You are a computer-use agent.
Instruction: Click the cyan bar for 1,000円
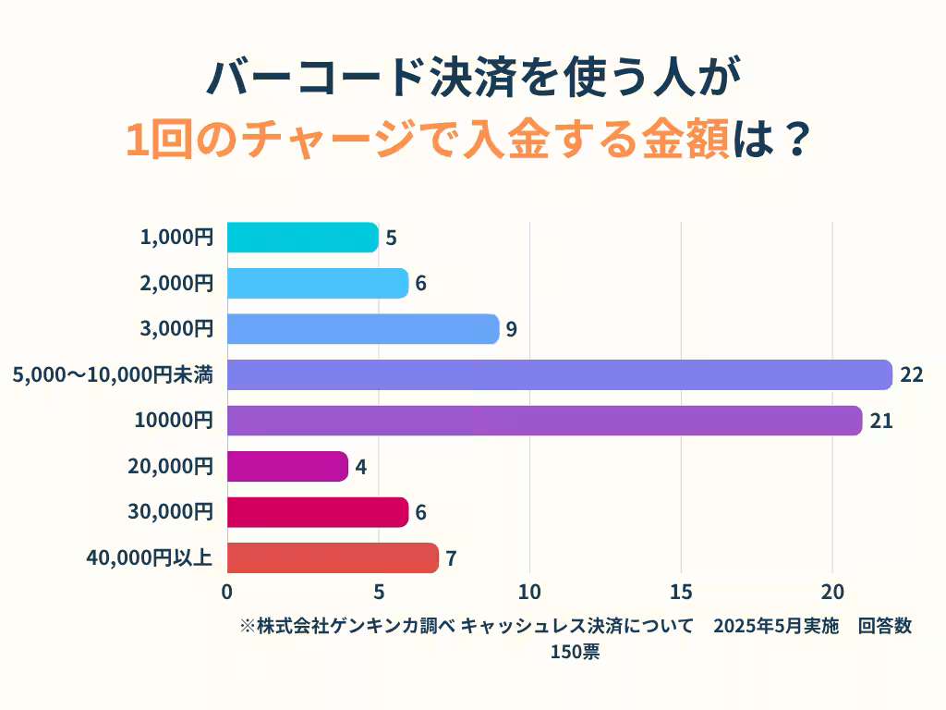pos(302,238)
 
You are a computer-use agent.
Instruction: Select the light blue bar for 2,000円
pos(317,284)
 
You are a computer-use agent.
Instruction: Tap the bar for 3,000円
pos(362,329)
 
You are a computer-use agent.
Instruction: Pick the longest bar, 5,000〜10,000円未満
pos(559,375)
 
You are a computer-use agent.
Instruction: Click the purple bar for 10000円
pos(544,421)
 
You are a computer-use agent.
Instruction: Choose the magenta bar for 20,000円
pos(287,466)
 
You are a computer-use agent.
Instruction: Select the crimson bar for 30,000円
pos(317,512)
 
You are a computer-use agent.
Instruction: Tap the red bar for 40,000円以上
pos(333,557)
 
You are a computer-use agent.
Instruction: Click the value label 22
pos(912,375)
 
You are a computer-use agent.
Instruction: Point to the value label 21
pos(881,421)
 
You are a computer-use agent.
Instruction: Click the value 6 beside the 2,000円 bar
pos(420,284)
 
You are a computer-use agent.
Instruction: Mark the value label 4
pos(360,467)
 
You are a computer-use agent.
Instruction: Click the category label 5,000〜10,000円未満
pos(113,375)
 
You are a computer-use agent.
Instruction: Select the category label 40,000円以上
pos(150,557)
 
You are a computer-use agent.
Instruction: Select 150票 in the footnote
pos(575,652)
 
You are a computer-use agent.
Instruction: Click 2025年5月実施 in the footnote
pos(775,627)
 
